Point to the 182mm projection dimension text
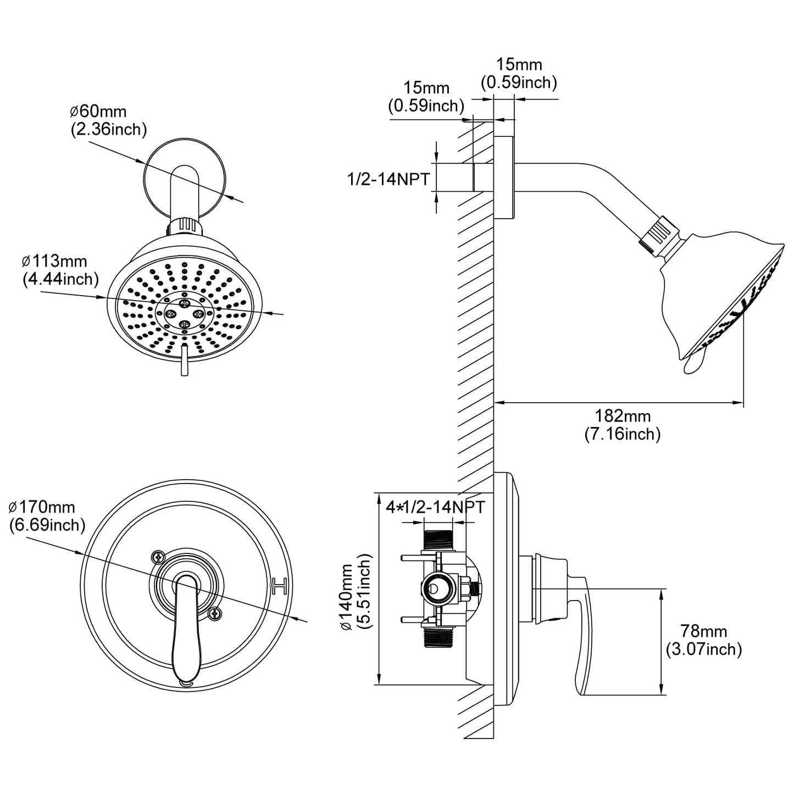tap(622, 416)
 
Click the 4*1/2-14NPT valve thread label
tap(435, 507)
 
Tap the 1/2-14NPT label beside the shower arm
tap(388, 179)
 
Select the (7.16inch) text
tap(622, 434)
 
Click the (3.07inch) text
tap(703, 649)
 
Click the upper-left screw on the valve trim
tap(158, 557)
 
